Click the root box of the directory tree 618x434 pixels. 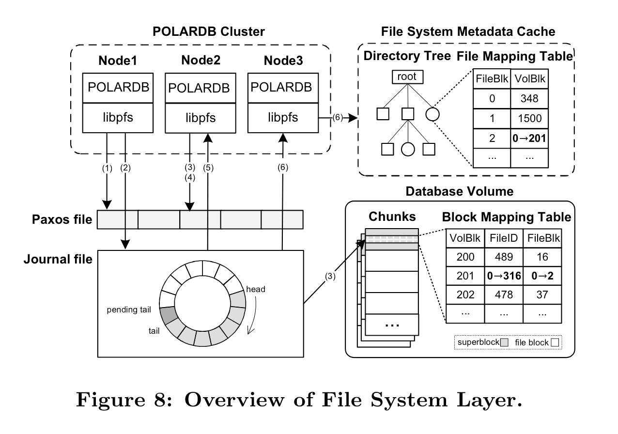(407, 77)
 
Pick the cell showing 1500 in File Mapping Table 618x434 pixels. (529, 119)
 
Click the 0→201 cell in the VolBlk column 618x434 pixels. (529, 138)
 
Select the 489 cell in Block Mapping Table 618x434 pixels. (504, 257)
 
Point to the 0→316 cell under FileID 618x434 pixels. (504, 276)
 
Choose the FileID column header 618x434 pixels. (504, 238)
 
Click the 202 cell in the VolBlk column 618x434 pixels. (465, 294)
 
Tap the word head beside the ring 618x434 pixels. (256, 289)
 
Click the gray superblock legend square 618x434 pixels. (504, 342)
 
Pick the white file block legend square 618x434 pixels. (555, 342)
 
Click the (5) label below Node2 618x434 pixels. (209, 168)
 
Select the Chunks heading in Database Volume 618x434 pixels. (392, 216)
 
